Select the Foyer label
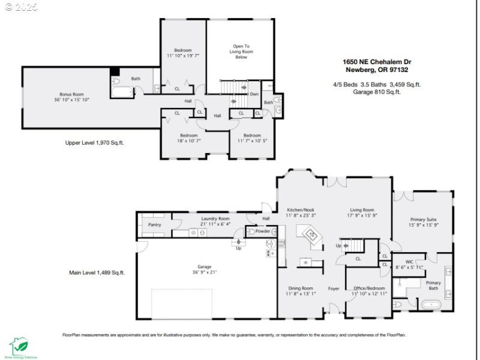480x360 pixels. click(334, 289)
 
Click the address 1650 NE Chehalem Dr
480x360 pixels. click(377, 62)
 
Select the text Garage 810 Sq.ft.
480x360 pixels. click(376, 92)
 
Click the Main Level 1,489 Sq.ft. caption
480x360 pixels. click(97, 272)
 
